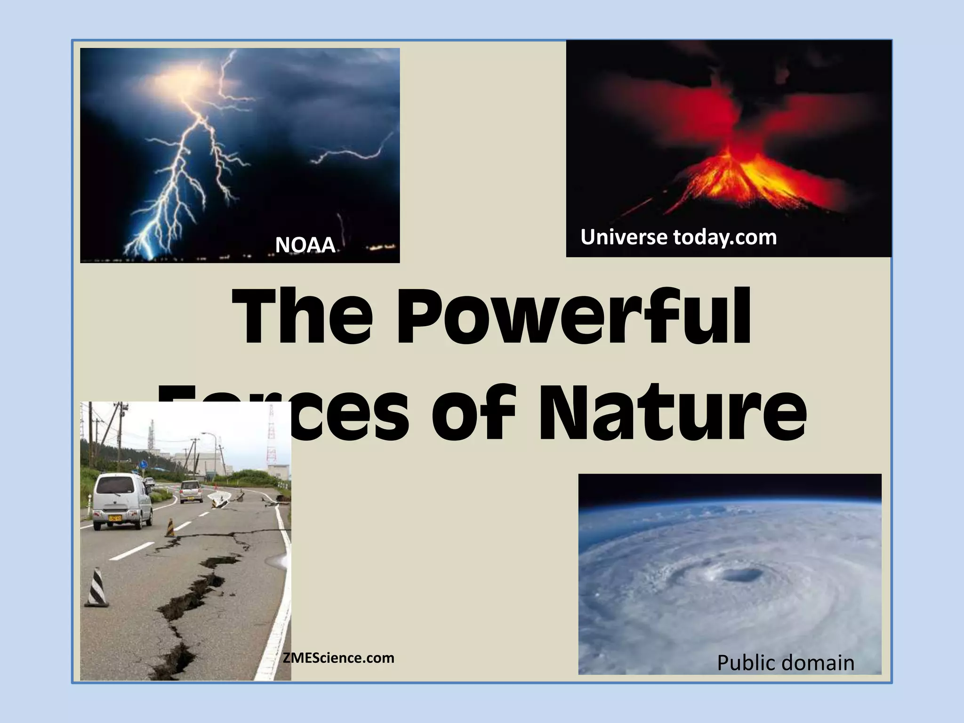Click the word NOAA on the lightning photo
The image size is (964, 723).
[x=305, y=245]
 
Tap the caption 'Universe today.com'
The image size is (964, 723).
[x=678, y=237]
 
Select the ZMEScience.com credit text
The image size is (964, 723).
[x=338, y=658]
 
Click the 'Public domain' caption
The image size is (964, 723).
[x=785, y=663]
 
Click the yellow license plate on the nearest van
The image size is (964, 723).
[x=115, y=518]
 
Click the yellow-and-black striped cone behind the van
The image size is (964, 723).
[x=169, y=528]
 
